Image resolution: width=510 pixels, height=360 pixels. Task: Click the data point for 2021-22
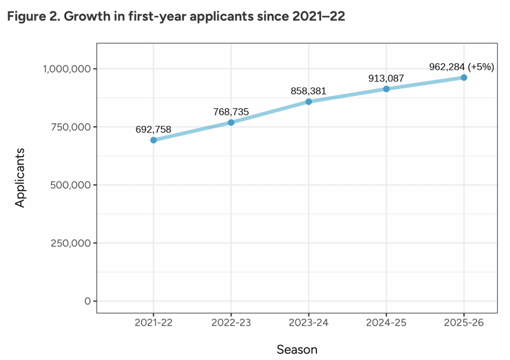[153, 140]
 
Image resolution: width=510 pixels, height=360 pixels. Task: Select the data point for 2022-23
[231, 122]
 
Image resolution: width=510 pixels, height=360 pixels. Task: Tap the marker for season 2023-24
[309, 101]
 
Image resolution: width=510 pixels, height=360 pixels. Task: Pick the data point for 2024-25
[386, 89]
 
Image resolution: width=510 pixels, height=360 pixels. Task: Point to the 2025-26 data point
[464, 77]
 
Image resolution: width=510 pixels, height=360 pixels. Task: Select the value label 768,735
[231, 112]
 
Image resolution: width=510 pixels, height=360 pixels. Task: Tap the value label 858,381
[309, 91]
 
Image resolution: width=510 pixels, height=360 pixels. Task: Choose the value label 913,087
[386, 78]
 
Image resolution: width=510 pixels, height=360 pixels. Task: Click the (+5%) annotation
[481, 67]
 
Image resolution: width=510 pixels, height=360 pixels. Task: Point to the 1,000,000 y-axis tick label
[67, 69]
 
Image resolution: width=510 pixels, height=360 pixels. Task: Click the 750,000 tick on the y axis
[70, 127]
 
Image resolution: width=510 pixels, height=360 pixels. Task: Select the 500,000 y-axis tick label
[70, 185]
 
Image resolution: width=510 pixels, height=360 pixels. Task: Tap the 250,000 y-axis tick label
[70, 243]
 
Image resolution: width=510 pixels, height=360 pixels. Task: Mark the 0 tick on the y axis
[87, 301]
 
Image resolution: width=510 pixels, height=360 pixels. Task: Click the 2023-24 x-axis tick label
[309, 323]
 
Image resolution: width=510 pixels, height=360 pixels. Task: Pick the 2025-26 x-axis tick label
[464, 323]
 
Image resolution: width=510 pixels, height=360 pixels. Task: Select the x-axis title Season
[297, 350]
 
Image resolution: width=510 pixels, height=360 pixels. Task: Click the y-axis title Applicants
[20, 177]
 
